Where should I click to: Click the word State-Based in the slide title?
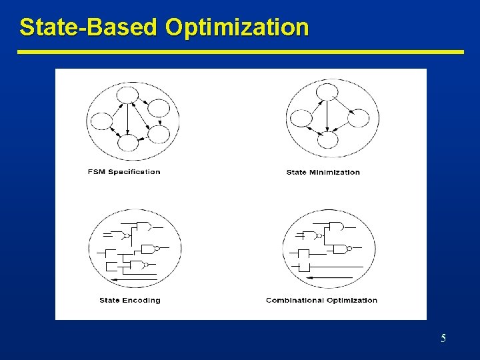[89, 27]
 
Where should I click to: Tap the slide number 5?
[443, 339]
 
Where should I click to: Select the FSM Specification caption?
[124, 172]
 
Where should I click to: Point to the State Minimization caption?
[323, 173]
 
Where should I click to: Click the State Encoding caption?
[130, 301]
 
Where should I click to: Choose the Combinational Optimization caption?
[321, 301]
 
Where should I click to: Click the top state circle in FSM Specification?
[127, 95]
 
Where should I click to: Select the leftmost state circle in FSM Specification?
[101, 121]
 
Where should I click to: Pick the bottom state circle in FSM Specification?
[127, 142]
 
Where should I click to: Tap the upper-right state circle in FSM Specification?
[159, 107]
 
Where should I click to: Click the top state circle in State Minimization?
[327, 91]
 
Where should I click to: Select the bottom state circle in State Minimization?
[328, 139]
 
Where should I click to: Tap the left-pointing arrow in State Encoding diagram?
[133, 279]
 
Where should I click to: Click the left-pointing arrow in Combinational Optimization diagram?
[337, 277]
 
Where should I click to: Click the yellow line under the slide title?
[240, 51]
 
